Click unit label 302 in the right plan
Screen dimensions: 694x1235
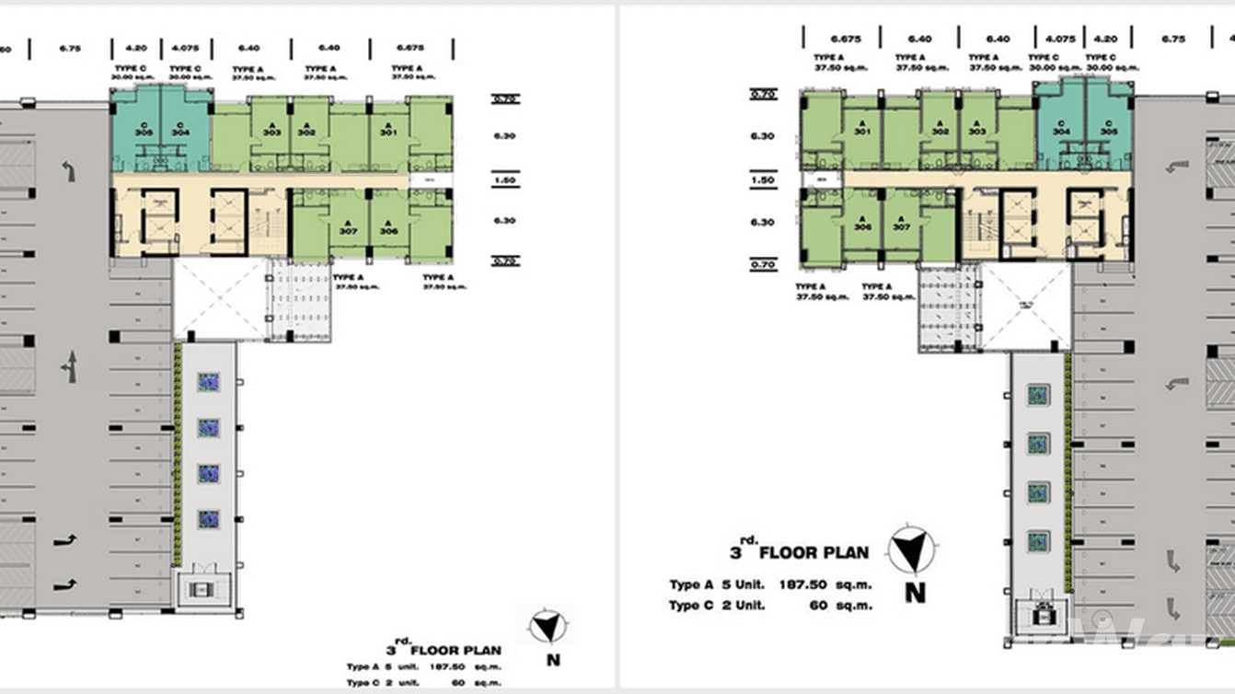point(940,132)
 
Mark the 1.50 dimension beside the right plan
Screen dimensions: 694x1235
point(762,180)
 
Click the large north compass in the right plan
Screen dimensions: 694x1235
point(912,552)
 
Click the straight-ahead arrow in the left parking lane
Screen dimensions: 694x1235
point(68,367)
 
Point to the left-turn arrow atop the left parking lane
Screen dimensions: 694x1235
point(67,169)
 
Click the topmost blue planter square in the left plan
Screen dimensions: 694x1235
point(209,382)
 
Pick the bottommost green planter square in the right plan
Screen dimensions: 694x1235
point(1038,540)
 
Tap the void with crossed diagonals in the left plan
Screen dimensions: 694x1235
point(218,299)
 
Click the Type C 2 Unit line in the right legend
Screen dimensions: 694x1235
point(718,606)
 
